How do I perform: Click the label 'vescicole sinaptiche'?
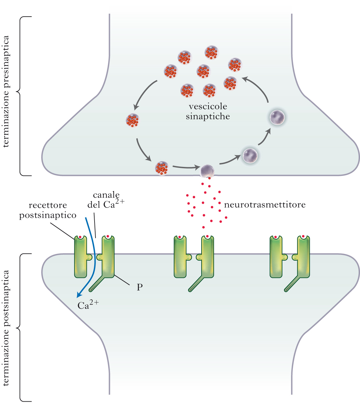(208, 111)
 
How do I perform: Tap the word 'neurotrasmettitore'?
(265, 205)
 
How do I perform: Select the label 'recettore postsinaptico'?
(48, 210)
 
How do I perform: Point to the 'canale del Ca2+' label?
(106, 200)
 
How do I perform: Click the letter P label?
(140, 287)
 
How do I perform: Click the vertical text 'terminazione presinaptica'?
(6, 91)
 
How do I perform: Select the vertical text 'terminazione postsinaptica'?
(6, 328)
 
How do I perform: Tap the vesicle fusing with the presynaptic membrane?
(207, 171)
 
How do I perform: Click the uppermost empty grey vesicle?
(277, 117)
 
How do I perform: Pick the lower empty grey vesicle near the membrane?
(250, 156)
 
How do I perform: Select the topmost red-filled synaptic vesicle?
(211, 52)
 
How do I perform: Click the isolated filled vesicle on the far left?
(132, 120)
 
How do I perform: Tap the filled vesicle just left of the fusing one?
(162, 168)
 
